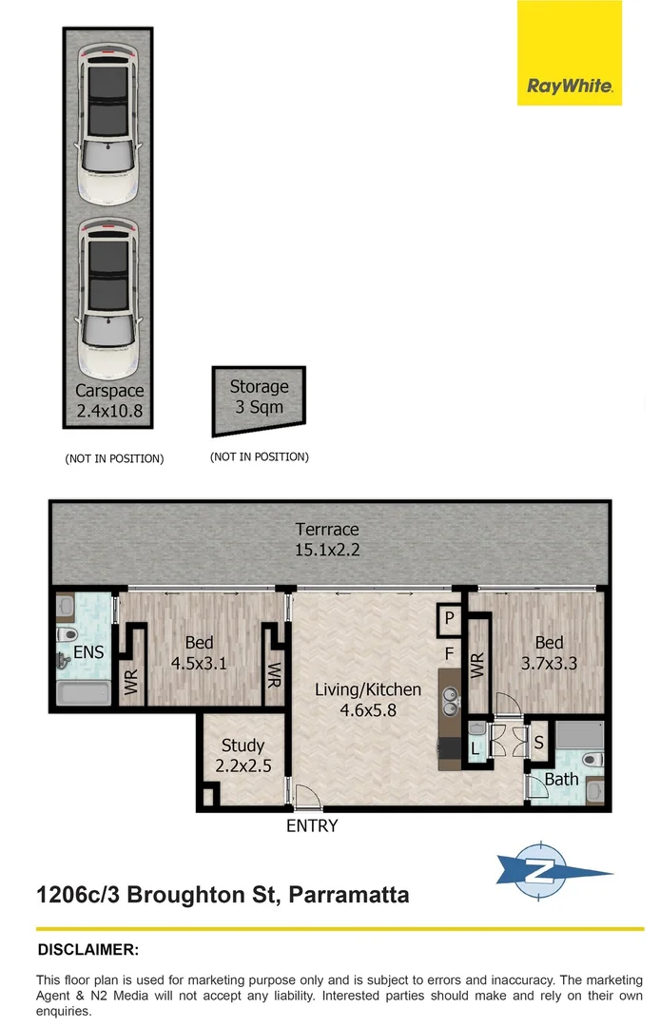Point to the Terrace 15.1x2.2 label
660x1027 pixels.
[x=327, y=539]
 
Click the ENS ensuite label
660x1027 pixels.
[x=88, y=652]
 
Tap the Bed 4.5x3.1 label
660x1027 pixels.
[x=199, y=653]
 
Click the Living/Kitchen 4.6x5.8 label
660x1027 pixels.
[x=368, y=699]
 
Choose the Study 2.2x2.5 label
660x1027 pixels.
[x=243, y=755]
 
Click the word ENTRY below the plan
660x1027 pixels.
[x=312, y=826]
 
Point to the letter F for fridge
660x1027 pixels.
[x=448, y=654]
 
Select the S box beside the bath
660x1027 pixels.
[x=537, y=743]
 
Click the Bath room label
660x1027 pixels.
[x=561, y=780]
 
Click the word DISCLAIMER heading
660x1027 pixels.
[x=88, y=949]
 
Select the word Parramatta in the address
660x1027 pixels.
[x=348, y=895]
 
